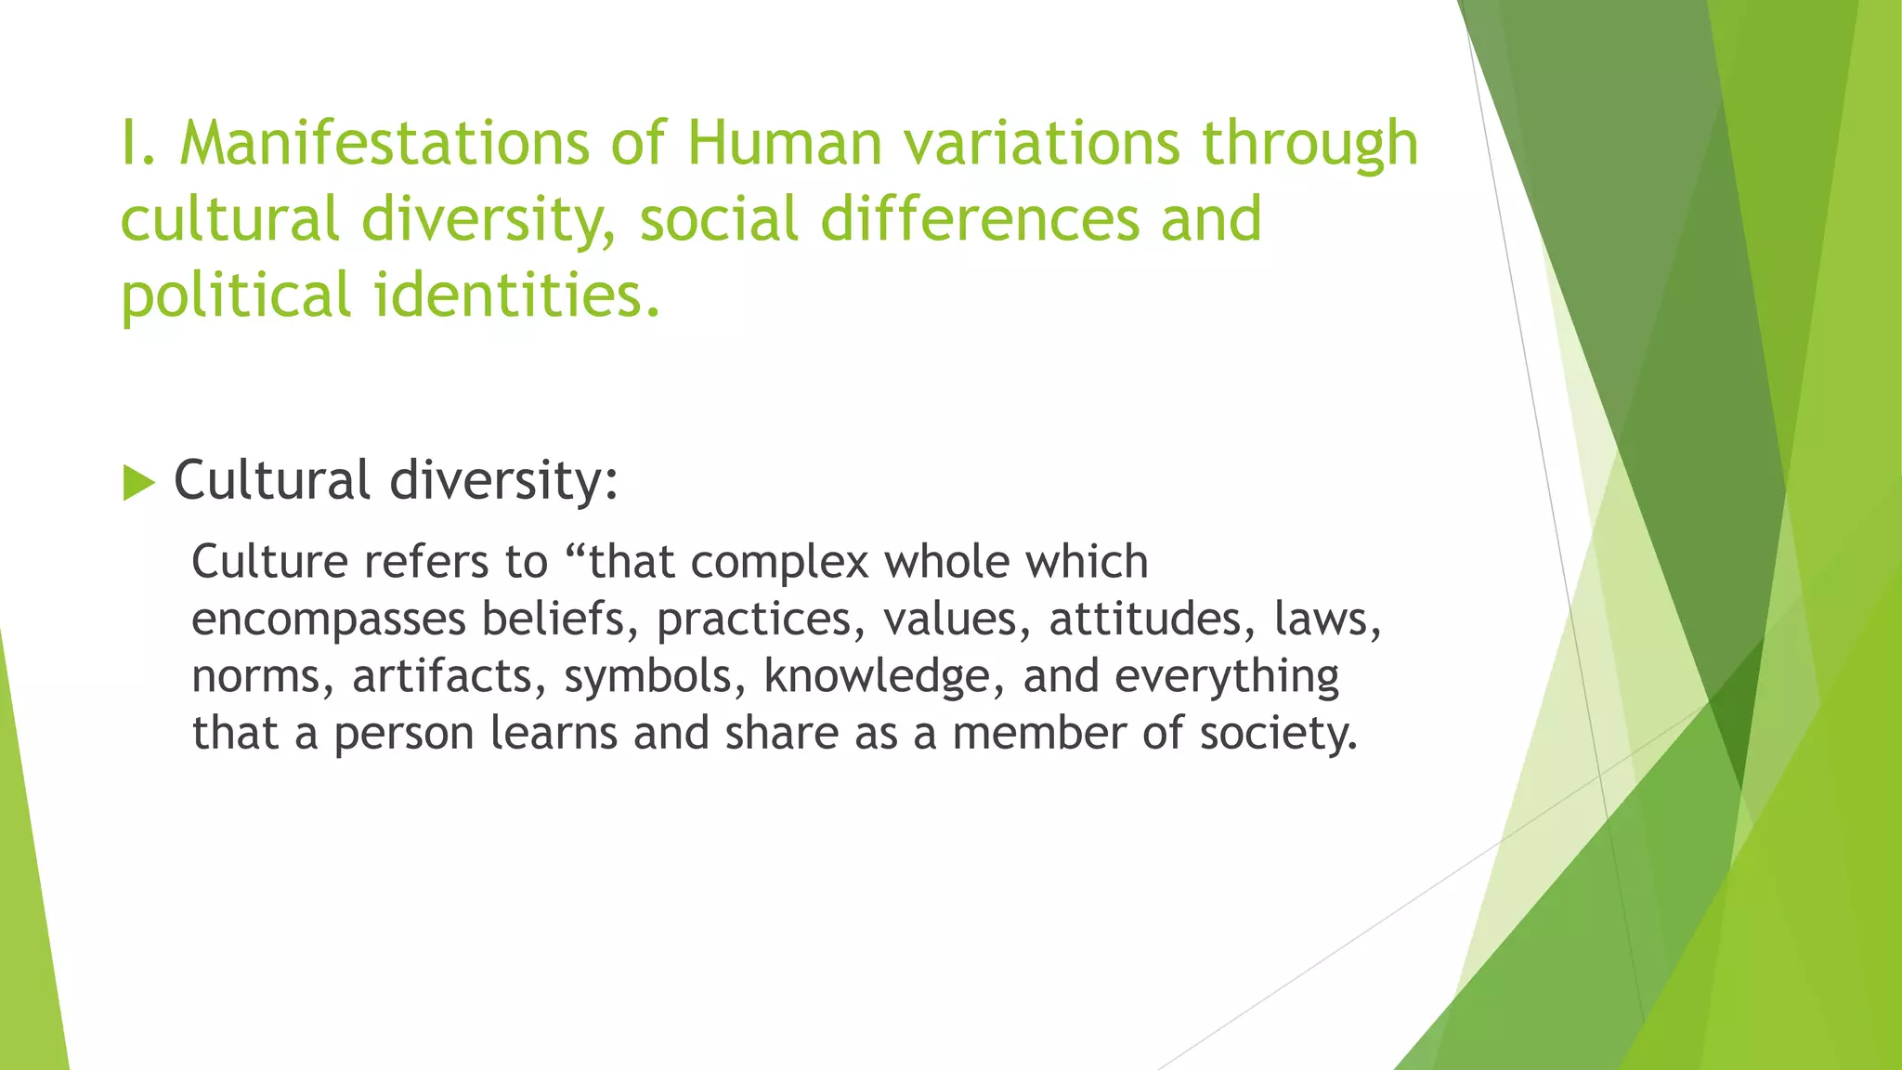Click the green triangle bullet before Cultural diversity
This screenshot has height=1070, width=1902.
(x=138, y=483)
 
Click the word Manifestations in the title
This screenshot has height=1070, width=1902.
(x=384, y=144)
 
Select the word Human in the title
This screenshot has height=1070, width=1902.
(x=784, y=144)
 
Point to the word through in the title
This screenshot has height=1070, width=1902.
(x=1309, y=144)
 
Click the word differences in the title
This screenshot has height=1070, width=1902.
(x=980, y=220)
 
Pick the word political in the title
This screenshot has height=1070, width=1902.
(x=236, y=295)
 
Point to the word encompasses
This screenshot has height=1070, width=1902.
(x=328, y=620)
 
